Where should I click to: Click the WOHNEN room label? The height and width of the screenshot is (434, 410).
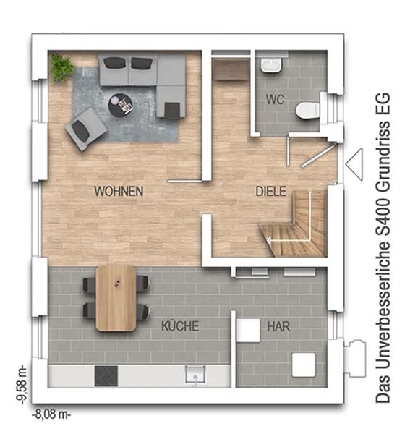[x=119, y=191]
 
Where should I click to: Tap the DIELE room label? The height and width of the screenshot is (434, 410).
[x=271, y=192]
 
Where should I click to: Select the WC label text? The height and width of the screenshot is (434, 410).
[x=276, y=100]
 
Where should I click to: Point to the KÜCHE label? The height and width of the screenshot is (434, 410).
[x=180, y=326]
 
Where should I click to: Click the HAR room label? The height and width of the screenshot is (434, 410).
[x=278, y=327]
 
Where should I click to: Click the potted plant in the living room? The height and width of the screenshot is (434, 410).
[x=62, y=67]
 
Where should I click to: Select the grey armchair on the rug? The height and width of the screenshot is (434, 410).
[x=85, y=129]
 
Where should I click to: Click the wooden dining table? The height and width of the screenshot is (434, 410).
[x=116, y=298]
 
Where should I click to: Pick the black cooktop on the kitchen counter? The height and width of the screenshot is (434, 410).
[x=106, y=376]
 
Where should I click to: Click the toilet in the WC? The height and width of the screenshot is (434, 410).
[x=307, y=111]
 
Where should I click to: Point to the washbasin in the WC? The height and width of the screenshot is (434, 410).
[x=271, y=66]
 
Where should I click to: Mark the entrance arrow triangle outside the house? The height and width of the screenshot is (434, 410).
[x=354, y=164]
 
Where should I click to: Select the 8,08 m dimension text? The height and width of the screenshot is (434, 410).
[x=51, y=414]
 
